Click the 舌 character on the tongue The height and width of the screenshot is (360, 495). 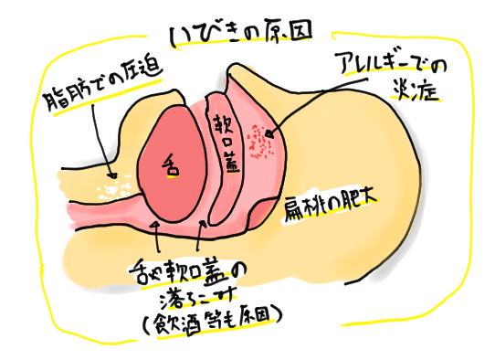coord(170,166)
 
